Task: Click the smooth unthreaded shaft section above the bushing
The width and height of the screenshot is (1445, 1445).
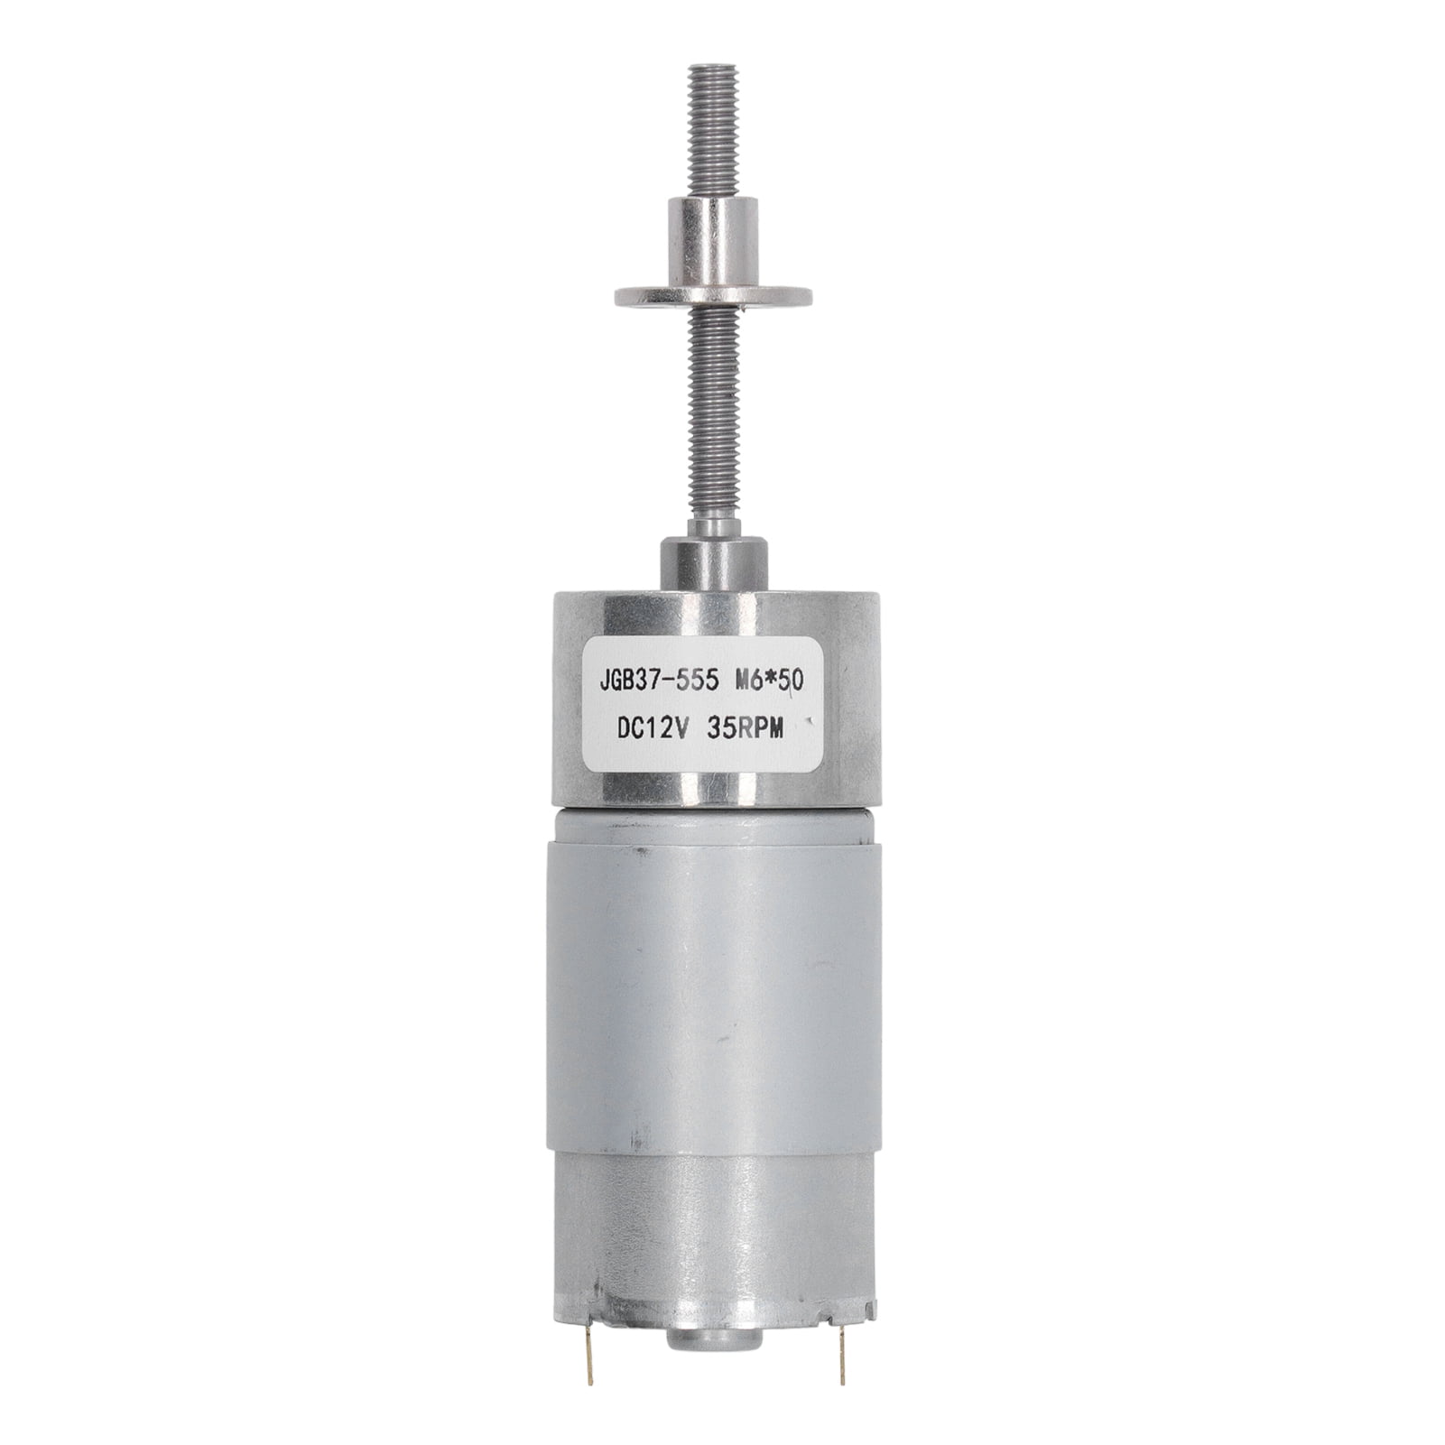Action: (713, 523)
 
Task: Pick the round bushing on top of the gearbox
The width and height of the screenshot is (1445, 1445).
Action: (714, 561)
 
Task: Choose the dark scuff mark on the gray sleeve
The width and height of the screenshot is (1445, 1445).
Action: (641, 851)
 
